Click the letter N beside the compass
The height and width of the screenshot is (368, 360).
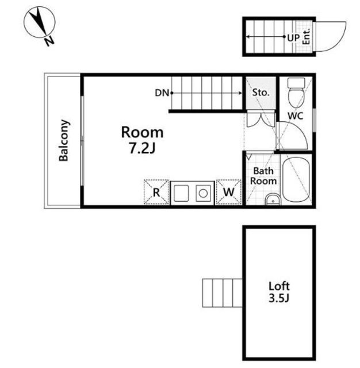point(49,41)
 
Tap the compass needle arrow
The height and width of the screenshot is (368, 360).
point(38,21)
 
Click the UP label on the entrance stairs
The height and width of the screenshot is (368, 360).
point(293,37)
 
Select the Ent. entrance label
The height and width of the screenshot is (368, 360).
point(307,37)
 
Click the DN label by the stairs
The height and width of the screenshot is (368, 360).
point(162,93)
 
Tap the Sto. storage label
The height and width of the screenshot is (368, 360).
point(261,93)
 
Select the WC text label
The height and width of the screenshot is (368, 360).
point(296,116)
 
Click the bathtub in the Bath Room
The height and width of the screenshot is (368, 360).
point(296,180)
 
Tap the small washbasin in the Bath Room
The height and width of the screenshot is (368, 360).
point(273,200)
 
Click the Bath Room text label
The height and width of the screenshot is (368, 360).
point(263,176)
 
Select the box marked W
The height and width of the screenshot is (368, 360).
point(228,192)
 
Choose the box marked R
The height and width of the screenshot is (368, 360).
point(156,192)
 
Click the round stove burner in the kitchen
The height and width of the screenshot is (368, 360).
point(203,193)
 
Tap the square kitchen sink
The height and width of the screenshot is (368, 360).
point(181,193)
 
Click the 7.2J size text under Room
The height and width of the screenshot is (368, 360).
point(143,148)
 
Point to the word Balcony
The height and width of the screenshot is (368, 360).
point(63,140)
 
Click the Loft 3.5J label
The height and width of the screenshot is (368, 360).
point(279,292)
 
